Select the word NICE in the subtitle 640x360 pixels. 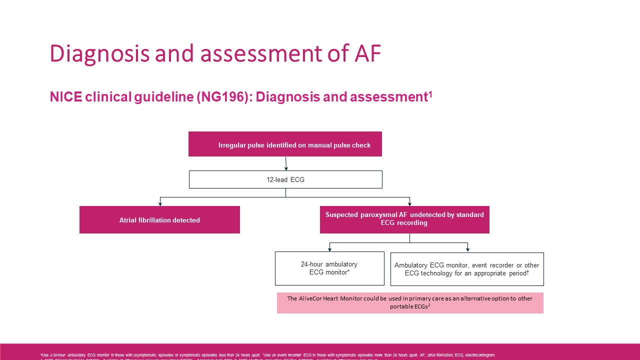click(x=65, y=97)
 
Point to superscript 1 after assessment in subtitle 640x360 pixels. click(x=429, y=93)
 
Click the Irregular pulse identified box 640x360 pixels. click(x=285, y=144)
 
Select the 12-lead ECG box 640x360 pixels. click(x=285, y=179)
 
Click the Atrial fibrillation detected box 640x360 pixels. click(x=159, y=220)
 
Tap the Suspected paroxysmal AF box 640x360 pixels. click(x=404, y=219)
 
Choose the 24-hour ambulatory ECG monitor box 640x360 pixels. click(x=329, y=268)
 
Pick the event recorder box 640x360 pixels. click(x=466, y=269)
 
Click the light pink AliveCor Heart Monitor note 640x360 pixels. click(x=410, y=302)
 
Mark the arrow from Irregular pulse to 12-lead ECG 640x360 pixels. click(x=286, y=163)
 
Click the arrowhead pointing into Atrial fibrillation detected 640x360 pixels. click(x=160, y=204)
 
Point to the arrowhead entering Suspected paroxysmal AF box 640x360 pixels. click(x=409, y=204)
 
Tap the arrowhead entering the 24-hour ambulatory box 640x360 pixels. click(x=329, y=249)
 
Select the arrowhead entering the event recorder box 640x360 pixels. click(x=467, y=249)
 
